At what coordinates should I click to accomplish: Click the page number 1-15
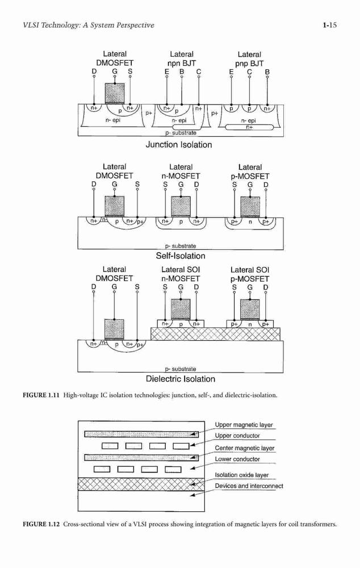click(329, 25)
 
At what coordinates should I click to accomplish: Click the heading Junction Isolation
click(178, 144)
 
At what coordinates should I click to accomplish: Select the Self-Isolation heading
click(181, 256)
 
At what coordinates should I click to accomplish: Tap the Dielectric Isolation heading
click(181, 379)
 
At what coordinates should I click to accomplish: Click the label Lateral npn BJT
click(182, 59)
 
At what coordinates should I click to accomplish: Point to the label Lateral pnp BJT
click(249, 59)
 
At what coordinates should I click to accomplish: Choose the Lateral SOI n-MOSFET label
click(181, 274)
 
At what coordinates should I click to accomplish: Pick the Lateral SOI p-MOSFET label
click(250, 274)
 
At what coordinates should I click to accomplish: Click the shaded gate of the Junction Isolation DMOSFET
click(115, 93)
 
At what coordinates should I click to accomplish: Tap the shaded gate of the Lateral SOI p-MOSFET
click(250, 309)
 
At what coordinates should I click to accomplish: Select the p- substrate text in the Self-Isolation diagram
click(181, 246)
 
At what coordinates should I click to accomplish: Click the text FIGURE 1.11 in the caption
click(41, 395)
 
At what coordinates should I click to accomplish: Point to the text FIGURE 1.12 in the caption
click(41, 524)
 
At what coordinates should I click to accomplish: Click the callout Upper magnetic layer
click(244, 424)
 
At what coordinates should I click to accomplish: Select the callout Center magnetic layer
click(245, 448)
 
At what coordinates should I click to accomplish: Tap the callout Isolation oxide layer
click(241, 475)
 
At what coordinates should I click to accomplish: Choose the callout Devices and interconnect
click(249, 486)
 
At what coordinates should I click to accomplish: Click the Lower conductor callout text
click(237, 459)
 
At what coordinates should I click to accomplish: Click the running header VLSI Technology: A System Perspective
click(89, 25)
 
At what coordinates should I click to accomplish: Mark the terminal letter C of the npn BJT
click(199, 72)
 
